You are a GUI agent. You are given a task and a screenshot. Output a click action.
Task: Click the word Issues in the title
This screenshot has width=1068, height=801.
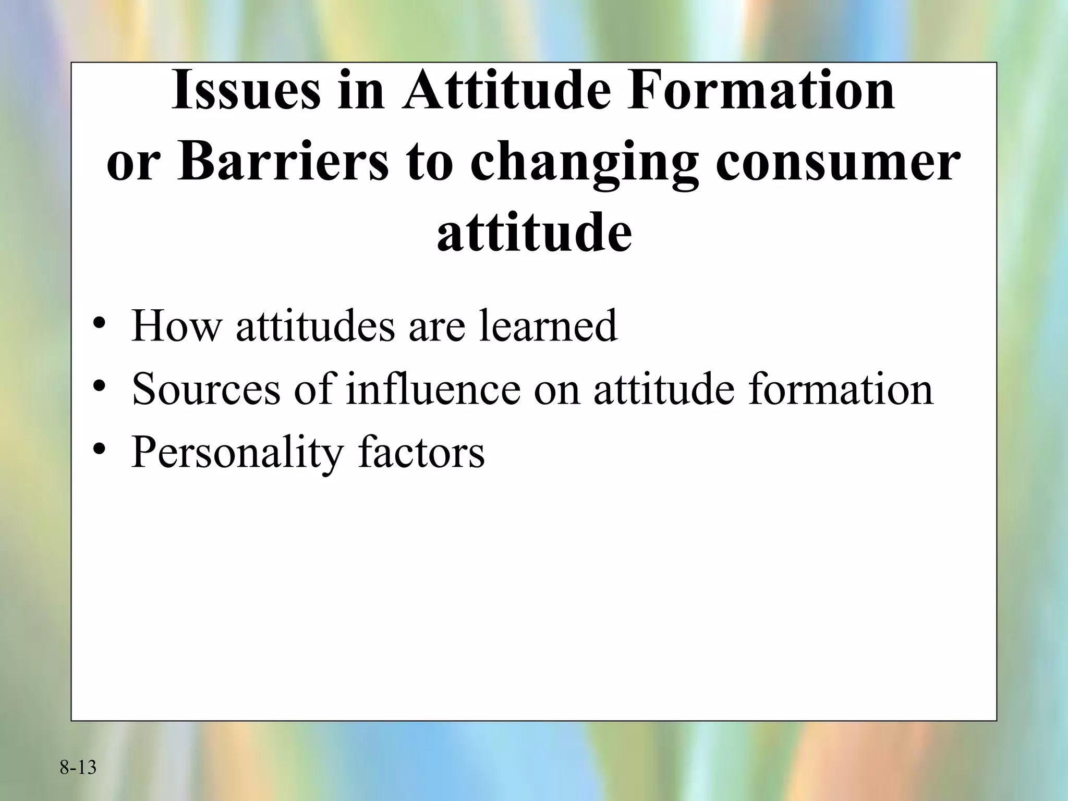pos(246,91)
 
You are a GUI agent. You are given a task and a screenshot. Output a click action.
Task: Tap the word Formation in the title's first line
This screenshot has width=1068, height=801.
pos(760,91)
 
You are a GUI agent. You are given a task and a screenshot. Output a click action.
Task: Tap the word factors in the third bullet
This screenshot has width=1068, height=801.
pos(421,452)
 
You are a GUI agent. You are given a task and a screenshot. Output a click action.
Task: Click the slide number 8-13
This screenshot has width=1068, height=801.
pos(78,768)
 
